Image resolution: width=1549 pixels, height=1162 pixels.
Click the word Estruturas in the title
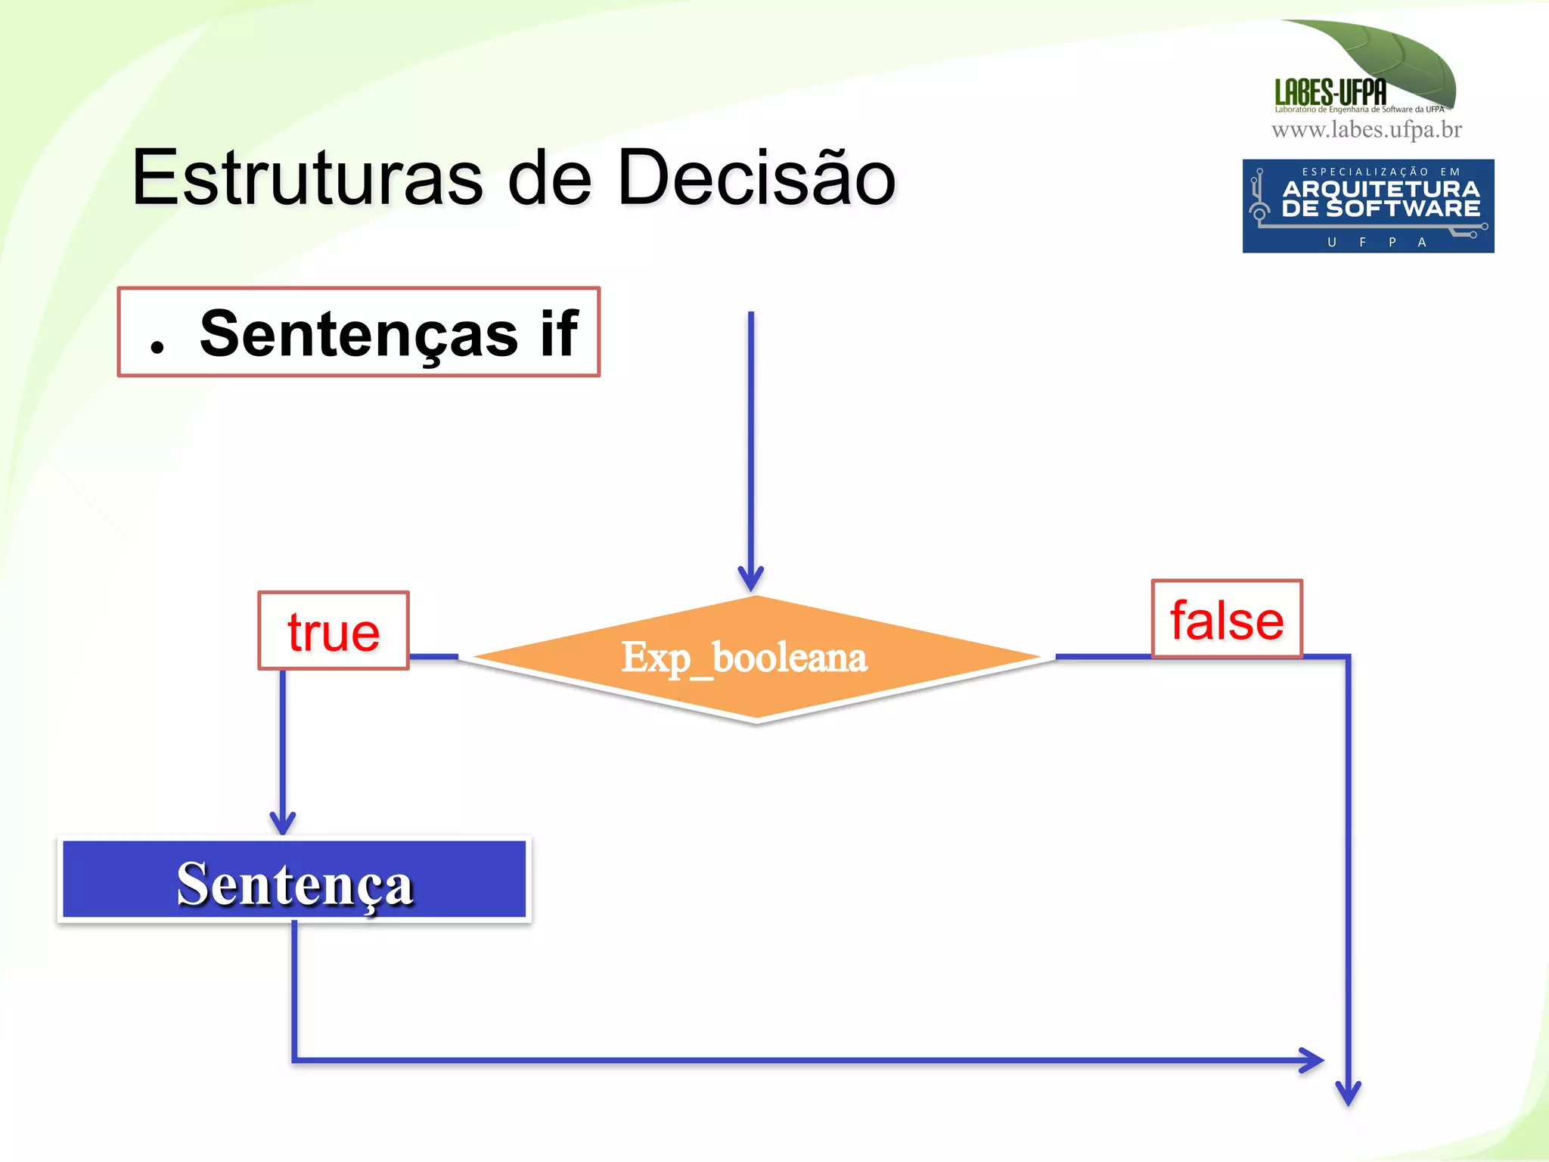pos(307,178)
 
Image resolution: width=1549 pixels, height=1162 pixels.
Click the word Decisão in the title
pos(756,178)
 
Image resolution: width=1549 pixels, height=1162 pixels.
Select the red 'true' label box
pos(334,631)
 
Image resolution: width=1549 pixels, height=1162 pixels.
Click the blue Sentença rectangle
pos(294,881)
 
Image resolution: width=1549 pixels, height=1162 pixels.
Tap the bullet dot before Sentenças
pos(157,347)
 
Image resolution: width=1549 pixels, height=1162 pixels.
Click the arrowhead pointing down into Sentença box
pos(283,823)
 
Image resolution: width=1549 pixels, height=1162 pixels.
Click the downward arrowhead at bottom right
pos(1348,1093)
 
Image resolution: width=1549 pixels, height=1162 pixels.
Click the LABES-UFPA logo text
pos(1330,93)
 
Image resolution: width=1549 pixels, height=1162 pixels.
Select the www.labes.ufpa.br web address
pos(1366,130)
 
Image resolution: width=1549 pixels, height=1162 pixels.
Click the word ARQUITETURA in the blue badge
pos(1380,189)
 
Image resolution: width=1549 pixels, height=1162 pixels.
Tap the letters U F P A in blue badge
pos(1377,242)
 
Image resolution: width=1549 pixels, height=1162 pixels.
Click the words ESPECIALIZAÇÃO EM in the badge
pos(1380,172)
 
